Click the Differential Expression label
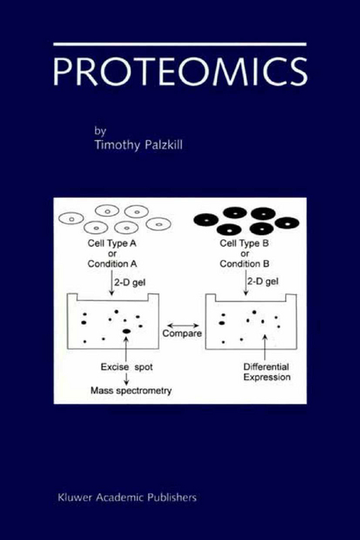tap(266, 373)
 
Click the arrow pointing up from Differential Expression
tap(265, 346)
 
